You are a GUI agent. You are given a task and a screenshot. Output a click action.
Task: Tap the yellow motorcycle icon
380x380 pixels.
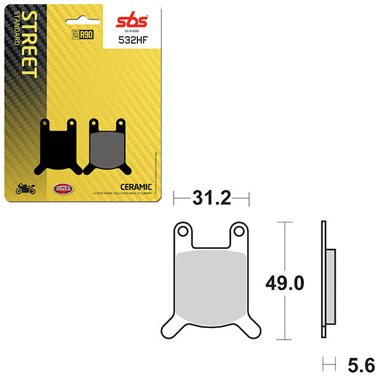coord(26,188)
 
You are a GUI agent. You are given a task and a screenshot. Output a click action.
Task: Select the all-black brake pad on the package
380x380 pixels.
coord(59,146)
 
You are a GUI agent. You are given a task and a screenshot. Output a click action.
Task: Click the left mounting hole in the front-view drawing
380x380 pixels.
coord(184,232)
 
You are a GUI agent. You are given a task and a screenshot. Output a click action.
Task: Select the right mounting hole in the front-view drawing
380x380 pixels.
coord(239,232)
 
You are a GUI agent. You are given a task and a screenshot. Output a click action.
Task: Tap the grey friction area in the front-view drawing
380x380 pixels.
coord(211,283)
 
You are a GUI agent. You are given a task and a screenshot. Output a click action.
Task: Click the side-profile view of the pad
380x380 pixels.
coord(326,279)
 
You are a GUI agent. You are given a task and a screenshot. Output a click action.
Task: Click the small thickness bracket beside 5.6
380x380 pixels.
coord(327,364)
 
